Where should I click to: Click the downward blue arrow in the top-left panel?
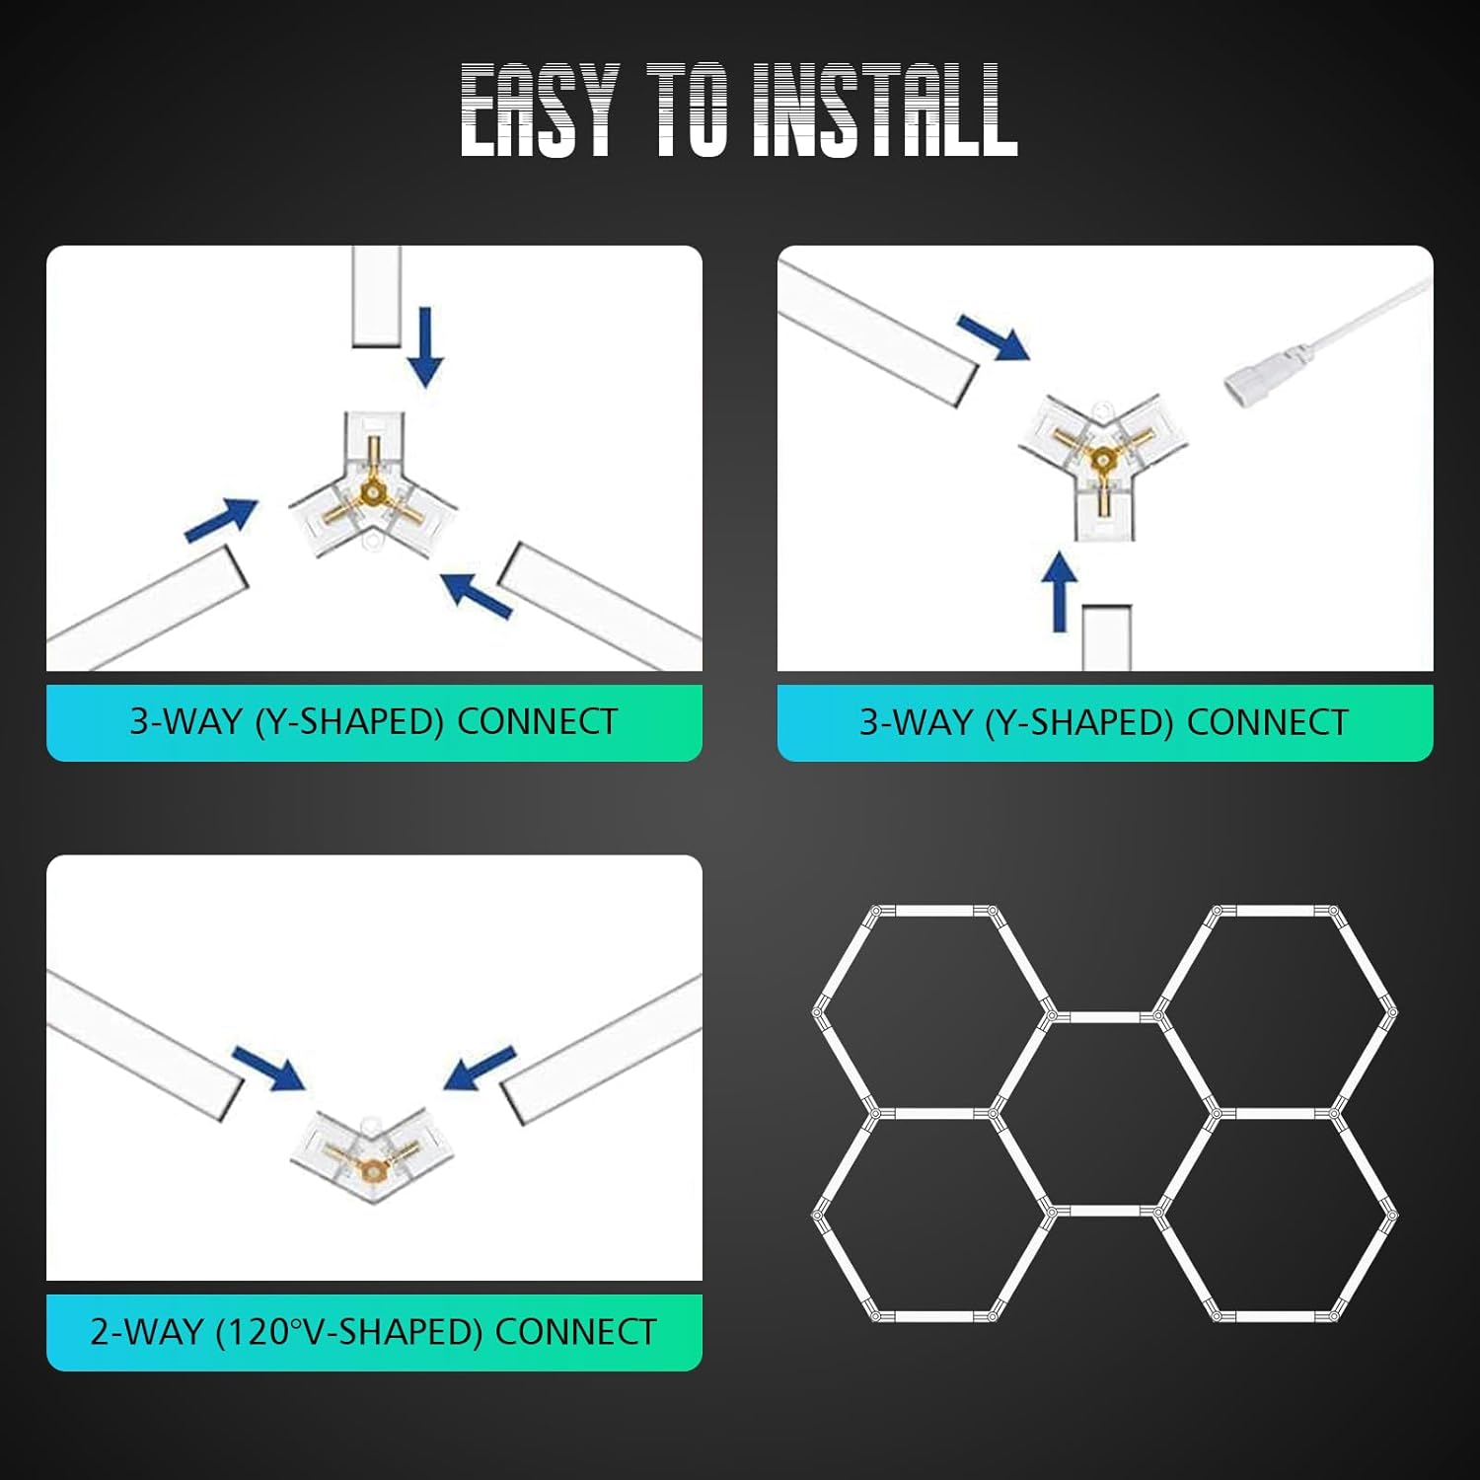(426, 346)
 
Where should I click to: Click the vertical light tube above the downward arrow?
(376, 295)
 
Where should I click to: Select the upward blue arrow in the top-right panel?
(1061, 591)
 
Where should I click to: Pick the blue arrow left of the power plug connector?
(993, 338)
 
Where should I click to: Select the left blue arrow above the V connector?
(268, 1069)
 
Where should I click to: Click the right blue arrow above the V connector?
(480, 1069)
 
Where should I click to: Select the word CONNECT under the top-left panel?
(537, 721)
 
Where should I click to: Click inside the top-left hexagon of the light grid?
(931, 1011)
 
